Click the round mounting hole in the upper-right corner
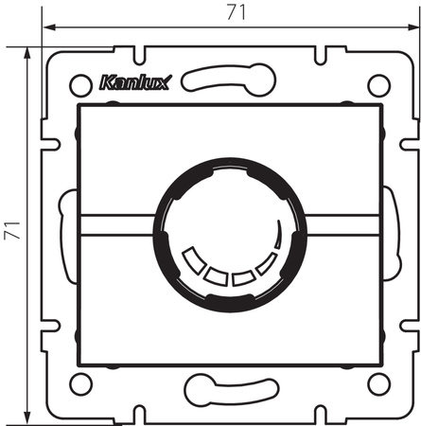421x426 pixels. (377, 84)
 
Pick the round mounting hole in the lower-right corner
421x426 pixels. (377, 382)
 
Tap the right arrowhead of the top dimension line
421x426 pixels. (412, 27)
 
